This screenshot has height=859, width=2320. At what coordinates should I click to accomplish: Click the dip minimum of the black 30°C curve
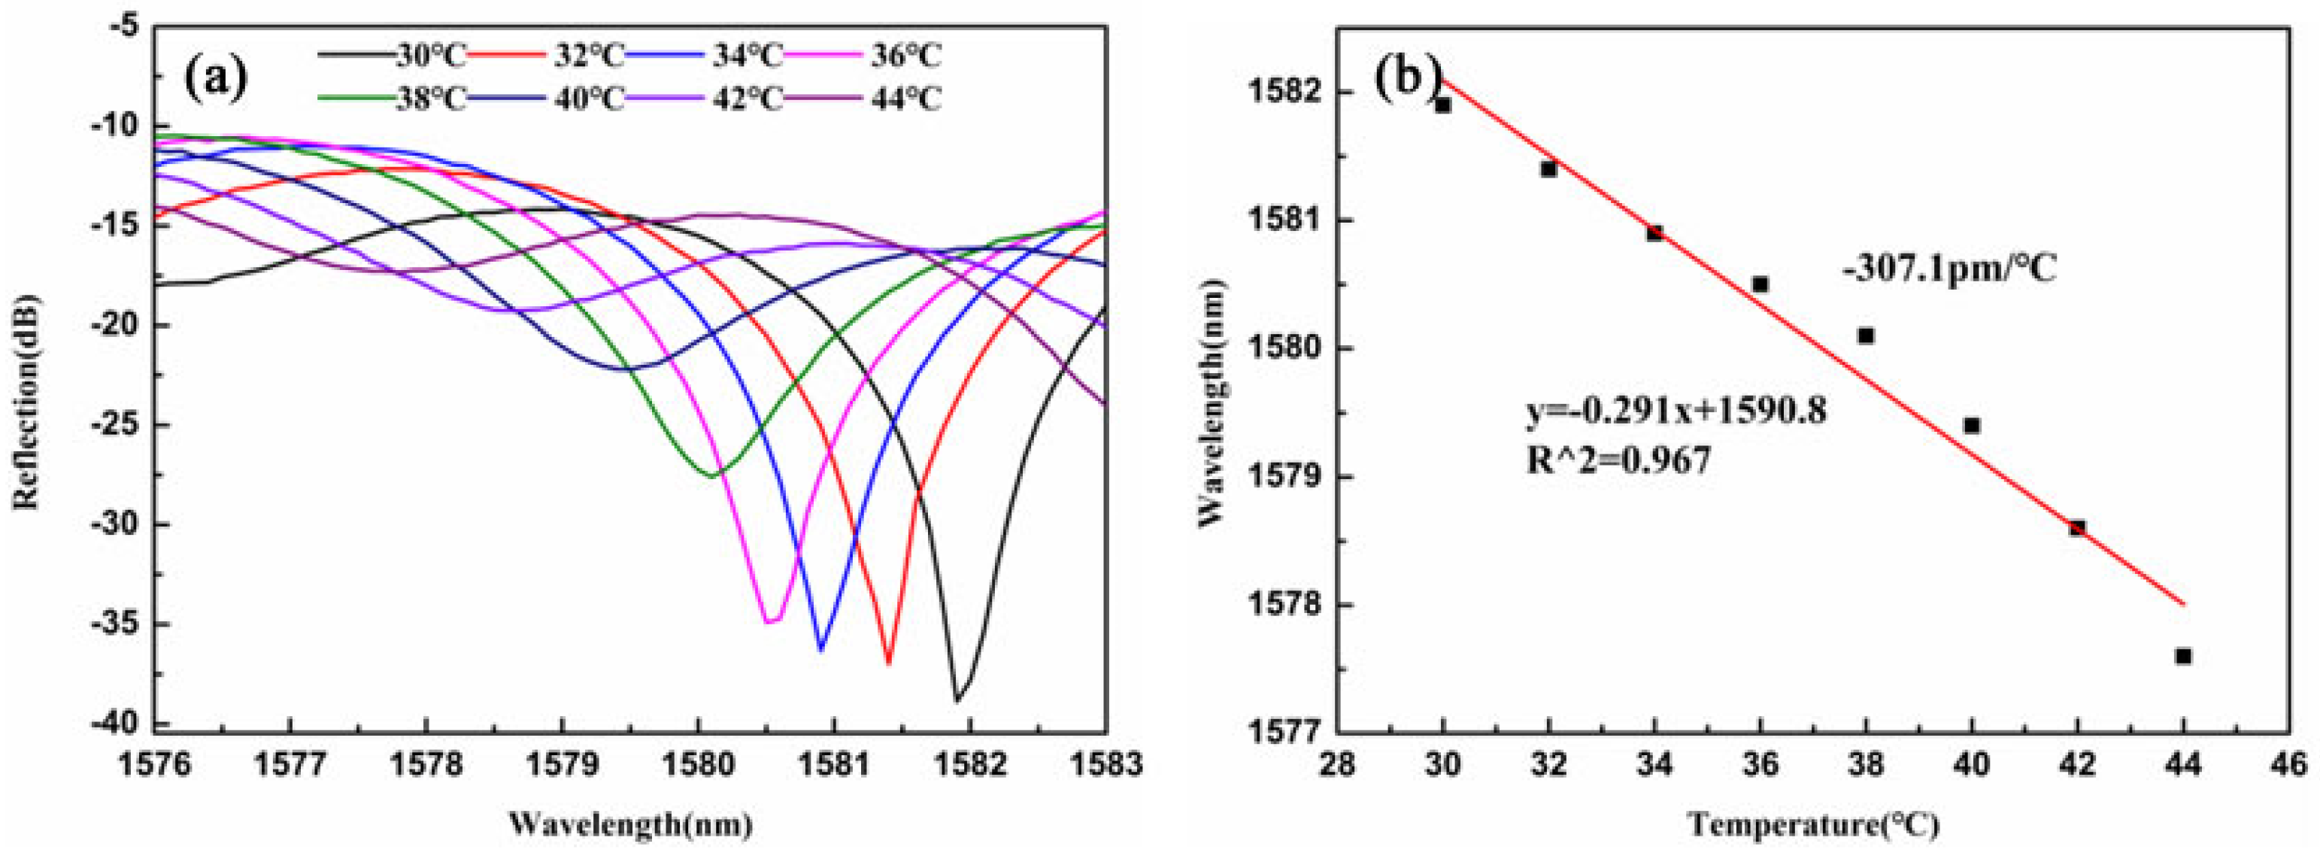tap(957, 700)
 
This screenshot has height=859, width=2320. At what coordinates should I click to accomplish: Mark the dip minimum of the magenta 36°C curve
tap(770, 621)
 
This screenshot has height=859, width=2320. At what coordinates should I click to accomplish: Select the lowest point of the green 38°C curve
tap(712, 475)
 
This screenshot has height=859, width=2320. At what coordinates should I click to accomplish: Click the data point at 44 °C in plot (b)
tap(2183, 657)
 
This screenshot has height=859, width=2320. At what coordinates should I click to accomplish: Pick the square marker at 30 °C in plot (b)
tap(1443, 105)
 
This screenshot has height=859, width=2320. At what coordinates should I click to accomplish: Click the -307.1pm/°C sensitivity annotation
tap(1950, 269)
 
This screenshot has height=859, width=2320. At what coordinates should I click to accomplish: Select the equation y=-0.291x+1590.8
tap(1676, 411)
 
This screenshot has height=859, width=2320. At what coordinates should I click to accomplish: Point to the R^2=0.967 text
tap(1618, 460)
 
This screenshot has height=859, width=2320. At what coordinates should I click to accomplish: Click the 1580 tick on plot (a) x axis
tap(697, 764)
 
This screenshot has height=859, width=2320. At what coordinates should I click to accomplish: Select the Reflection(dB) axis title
tap(27, 401)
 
